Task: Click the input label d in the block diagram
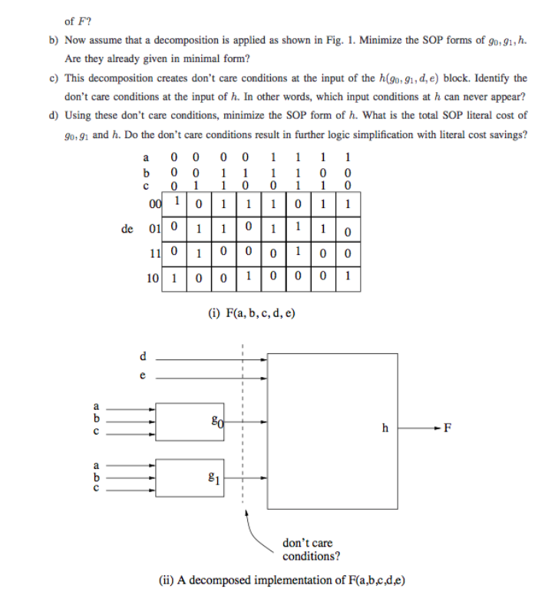point(140,355)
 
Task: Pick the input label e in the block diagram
point(140,376)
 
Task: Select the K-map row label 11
point(155,252)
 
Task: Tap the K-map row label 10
point(155,279)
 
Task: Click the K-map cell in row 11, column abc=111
point(297,252)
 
